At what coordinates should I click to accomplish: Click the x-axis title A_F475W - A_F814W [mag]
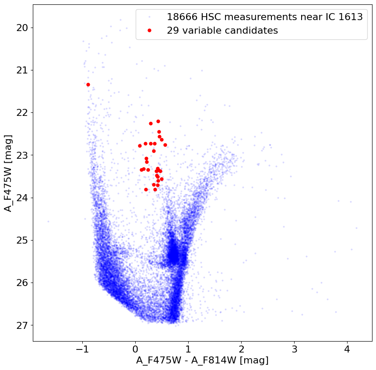click(202, 361)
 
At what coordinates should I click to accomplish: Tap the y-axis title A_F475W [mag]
click(8, 173)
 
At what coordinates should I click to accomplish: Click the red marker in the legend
click(149, 31)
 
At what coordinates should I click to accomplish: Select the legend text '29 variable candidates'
click(222, 31)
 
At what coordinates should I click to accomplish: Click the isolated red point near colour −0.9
click(88, 84)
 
